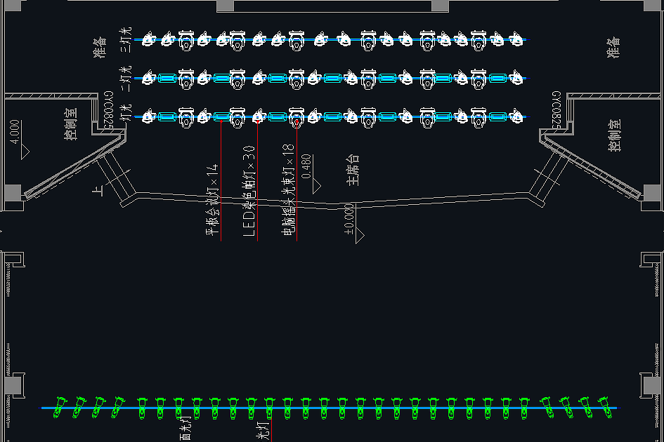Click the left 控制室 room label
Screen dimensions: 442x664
(x=71, y=123)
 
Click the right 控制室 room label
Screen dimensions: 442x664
(x=615, y=135)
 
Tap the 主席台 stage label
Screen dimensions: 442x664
(x=353, y=170)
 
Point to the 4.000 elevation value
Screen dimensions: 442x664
(x=15, y=132)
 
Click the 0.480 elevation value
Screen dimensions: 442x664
(x=306, y=167)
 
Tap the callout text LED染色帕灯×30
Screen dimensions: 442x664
(x=248, y=191)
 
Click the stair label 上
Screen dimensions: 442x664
(x=96, y=189)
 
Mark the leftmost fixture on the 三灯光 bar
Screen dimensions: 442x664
(x=148, y=39)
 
